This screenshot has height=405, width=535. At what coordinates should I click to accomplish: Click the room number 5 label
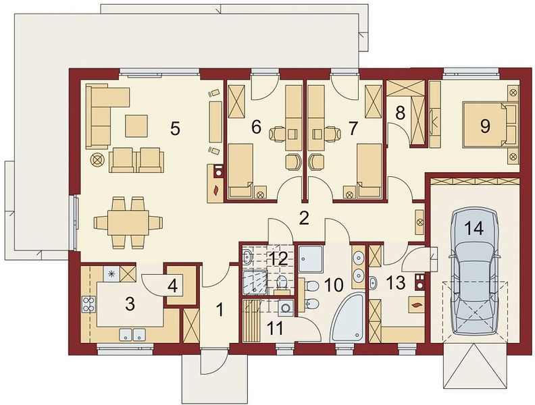(x=174, y=129)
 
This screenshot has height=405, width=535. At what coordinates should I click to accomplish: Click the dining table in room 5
(x=128, y=223)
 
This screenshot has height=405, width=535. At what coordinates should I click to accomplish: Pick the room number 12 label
(x=279, y=259)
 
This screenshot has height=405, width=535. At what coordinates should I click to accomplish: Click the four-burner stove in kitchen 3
(x=88, y=304)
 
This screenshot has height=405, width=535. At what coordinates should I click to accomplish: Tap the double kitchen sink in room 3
(x=132, y=334)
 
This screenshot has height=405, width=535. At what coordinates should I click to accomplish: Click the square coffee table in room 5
(x=136, y=126)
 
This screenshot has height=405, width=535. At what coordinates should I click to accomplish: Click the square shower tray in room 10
(x=310, y=259)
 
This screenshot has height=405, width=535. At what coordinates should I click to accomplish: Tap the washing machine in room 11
(x=285, y=308)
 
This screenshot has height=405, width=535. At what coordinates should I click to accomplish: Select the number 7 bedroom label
(x=352, y=128)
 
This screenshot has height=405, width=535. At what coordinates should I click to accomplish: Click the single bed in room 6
(x=240, y=171)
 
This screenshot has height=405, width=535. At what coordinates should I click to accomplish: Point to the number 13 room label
(x=396, y=283)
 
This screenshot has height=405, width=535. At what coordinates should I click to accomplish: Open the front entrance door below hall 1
(x=213, y=361)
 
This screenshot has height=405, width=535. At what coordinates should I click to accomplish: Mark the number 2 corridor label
(x=304, y=218)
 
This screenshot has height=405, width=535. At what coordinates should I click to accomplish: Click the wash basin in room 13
(x=374, y=283)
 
